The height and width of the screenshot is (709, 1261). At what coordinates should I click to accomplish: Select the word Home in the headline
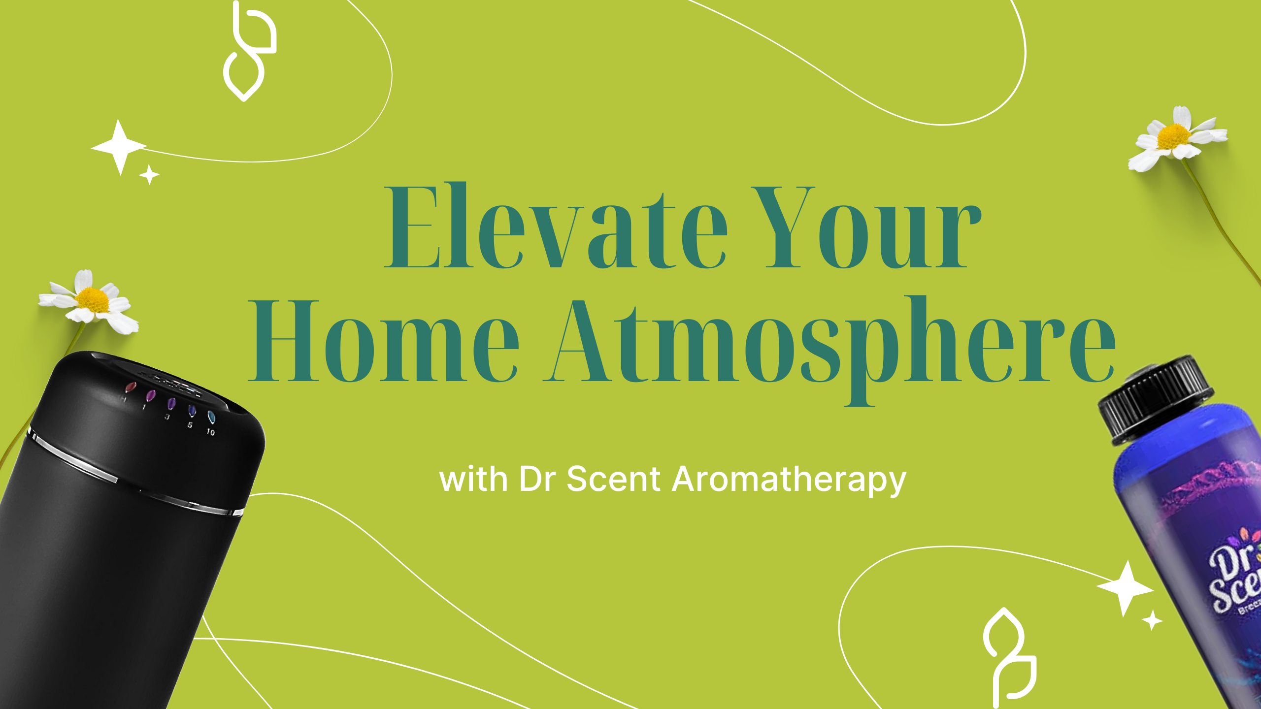coord(384,341)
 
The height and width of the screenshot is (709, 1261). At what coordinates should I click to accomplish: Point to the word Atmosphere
coord(830,345)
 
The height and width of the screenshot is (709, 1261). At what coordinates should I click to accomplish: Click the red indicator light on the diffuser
coord(131,387)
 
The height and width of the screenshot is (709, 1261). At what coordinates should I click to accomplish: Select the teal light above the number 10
coord(211,418)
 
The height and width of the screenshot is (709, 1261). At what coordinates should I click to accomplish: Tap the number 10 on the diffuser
coord(210,432)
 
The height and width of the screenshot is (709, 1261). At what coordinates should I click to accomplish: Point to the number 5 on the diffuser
coord(190,425)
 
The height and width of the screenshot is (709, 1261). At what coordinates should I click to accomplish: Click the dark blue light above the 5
coord(192,410)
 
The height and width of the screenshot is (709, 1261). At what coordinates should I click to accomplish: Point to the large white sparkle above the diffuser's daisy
coord(119,147)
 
